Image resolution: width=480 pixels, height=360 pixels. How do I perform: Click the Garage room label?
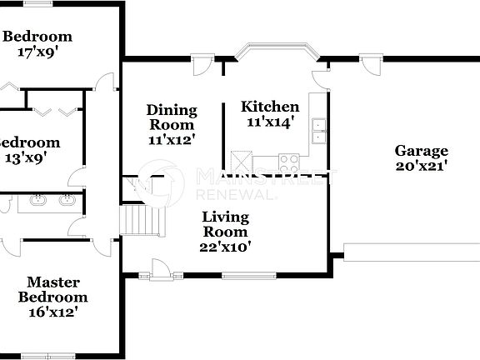tap(421, 151)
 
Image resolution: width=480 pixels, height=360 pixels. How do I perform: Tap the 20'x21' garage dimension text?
tap(421, 165)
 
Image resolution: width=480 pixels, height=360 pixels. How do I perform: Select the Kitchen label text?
tap(270, 107)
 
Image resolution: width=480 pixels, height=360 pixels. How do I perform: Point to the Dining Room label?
tap(172, 117)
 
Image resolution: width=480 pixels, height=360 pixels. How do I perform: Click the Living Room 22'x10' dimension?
tap(226, 246)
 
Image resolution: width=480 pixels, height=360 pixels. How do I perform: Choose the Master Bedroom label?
tap(52, 290)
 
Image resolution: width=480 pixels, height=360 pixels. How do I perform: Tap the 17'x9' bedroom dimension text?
tap(37, 52)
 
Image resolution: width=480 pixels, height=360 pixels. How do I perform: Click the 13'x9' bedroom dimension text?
tap(28, 157)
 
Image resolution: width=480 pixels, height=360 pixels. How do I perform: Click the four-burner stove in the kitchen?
tap(289, 161)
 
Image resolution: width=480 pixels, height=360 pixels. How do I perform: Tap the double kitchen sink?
tap(318, 130)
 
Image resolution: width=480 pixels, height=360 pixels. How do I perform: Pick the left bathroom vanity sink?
tap(37, 200)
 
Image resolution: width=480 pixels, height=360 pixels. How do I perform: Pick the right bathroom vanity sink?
tap(67, 200)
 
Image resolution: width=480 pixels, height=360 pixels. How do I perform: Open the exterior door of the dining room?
tap(200, 65)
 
